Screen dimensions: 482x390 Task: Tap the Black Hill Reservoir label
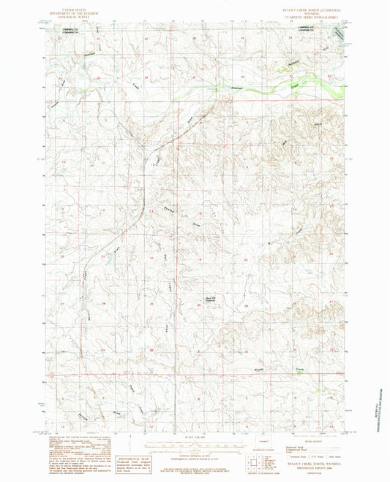point(209,297)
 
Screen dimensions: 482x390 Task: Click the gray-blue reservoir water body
point(339,33)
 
